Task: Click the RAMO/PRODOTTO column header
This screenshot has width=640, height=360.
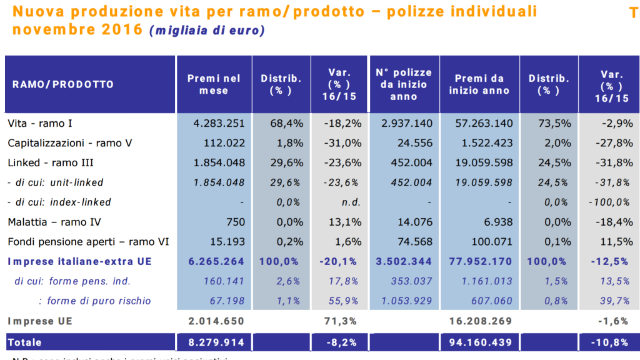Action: (63, 84)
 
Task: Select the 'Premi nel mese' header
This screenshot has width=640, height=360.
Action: (214, 84)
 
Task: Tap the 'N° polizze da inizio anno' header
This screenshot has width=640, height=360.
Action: (404, 84)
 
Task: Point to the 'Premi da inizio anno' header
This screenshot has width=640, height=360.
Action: (479, 84)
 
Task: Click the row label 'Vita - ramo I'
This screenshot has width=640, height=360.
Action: (44, 124)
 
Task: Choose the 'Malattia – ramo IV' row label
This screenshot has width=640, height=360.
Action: (54, 222)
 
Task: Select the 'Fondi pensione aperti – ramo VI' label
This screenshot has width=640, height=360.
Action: (88, 242)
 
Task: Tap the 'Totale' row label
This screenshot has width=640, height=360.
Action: (24, 342)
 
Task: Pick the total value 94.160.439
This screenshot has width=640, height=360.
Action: (480, 342)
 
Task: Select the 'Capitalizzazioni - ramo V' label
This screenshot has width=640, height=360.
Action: (70, 143)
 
